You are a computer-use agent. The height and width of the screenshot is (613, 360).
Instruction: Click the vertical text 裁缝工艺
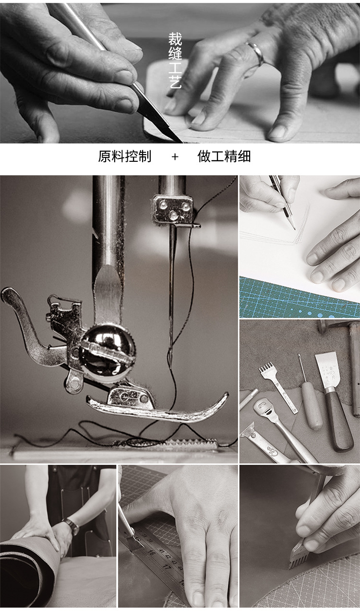pos(175,60)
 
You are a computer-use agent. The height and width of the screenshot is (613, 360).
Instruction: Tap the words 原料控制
pos(124,156)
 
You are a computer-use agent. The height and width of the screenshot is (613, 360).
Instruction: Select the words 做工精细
pos(224,156)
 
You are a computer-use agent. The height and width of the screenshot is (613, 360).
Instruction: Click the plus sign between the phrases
pos(175,157)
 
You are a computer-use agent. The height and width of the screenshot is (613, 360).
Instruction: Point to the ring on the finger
pos(255,52)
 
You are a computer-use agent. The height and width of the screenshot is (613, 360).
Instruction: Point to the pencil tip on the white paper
pos(294,228)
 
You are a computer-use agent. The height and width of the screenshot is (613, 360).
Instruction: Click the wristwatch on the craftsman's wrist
pos(72,527)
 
